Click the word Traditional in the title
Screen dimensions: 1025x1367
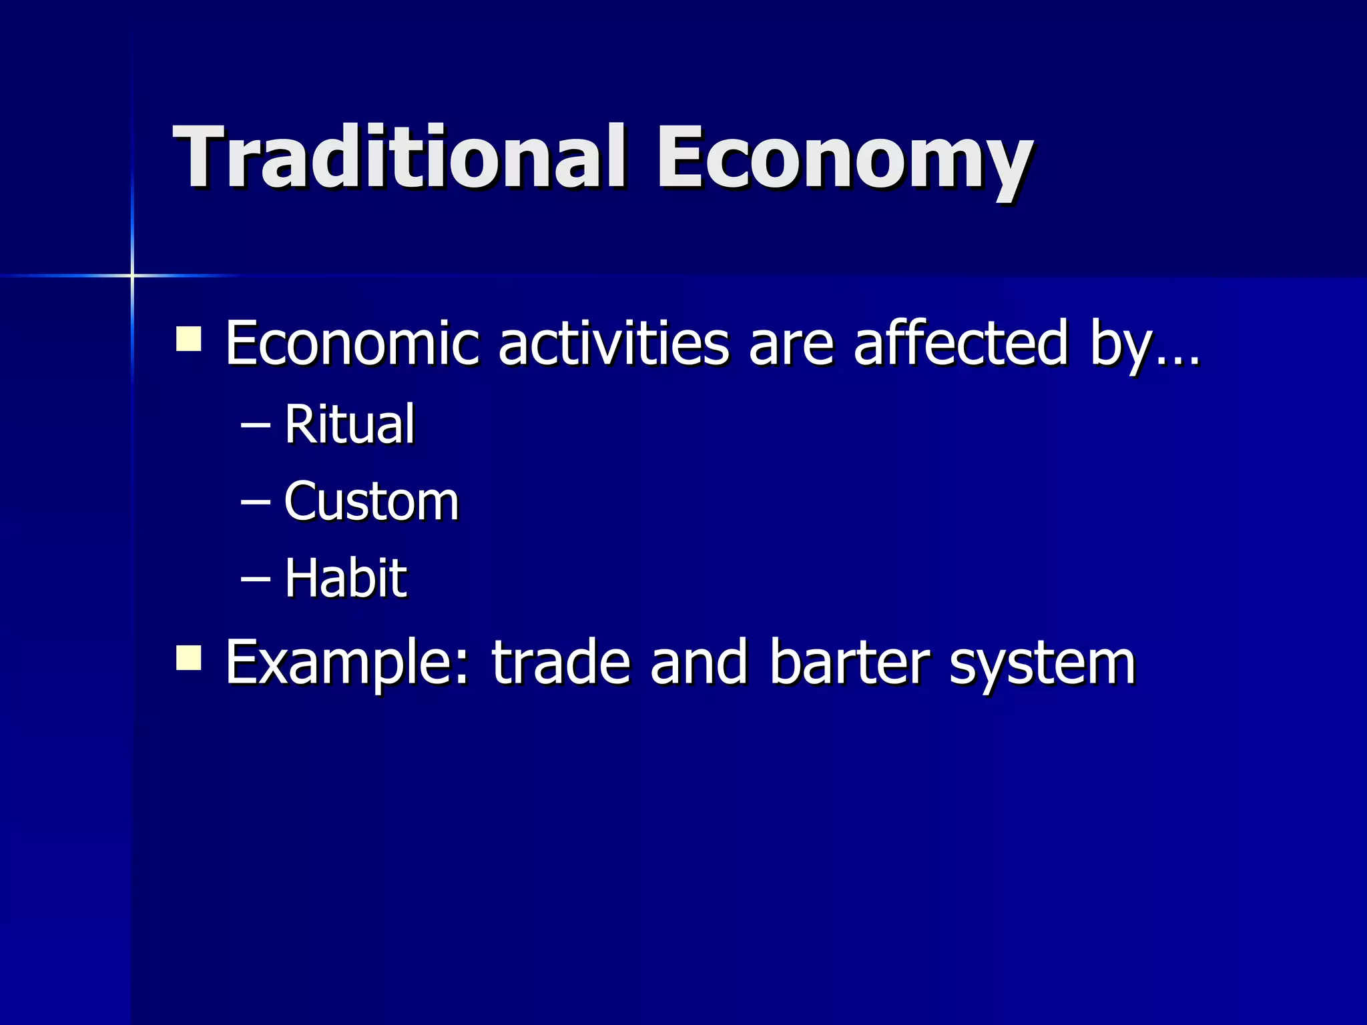[399, 157]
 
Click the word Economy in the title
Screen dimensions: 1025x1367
[844, 160]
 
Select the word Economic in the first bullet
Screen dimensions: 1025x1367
[352, 343]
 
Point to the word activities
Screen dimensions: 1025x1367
[613, 343]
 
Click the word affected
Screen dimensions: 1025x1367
[961, 343]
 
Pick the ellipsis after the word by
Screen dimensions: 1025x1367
[1178, 360]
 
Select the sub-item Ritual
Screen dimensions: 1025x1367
[349, 424]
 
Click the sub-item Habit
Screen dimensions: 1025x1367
[345, 577]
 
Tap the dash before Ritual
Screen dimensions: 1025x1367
[255, 426]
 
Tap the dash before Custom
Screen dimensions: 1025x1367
[255, 502]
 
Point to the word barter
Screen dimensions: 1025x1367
[848, 663]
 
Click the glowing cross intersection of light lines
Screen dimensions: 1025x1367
[132, 275]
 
